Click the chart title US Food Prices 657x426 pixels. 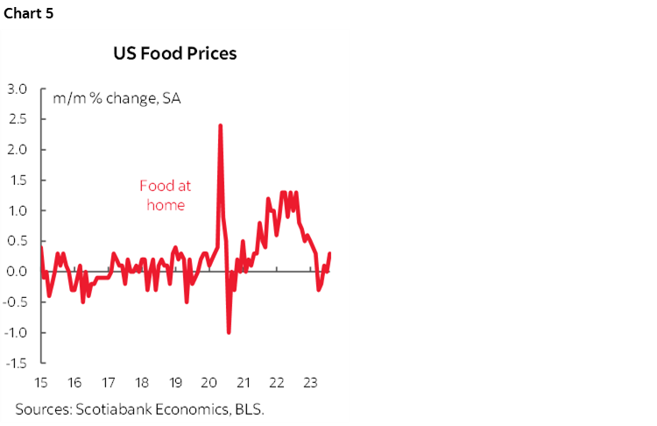[x=175, y=53]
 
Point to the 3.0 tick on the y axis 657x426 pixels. [x=18, y=89]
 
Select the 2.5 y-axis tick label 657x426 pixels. [x=18, y=119]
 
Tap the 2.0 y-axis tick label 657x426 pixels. [x=18, y=150]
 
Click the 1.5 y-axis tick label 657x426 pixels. [x=18, y=181]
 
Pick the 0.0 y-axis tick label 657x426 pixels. [x=18, y=272]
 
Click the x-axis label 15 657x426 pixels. [x=40, y=383]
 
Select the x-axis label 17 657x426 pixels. [x=108, y=383]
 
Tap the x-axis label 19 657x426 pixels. [x=174, y=383]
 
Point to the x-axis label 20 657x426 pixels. [x=208, y=383]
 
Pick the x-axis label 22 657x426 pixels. [x=276, y=383]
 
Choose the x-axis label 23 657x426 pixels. [x=309, y=383]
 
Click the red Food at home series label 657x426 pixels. [x=166, y=195]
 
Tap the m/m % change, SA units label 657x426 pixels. [x=117, y=97]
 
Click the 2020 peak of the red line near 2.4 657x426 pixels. [x=220, y=125]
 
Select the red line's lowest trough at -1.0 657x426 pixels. [x=229, y=332]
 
